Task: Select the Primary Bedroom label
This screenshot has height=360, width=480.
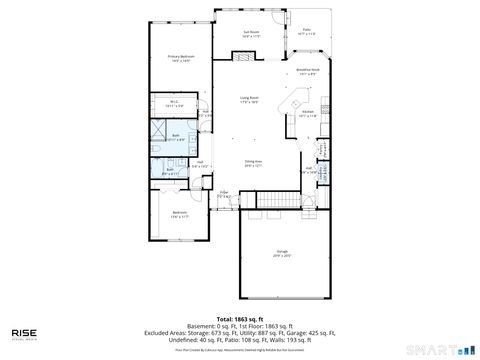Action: tap(180, 58)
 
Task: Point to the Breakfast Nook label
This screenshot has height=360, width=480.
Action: tap(308, 71)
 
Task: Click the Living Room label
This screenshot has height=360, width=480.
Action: tap(249, 99)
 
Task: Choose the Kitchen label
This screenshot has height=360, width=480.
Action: tap(308, 112)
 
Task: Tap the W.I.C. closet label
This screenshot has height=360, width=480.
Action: tap(173, 101)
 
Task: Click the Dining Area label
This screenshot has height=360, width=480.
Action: tap(253, 162)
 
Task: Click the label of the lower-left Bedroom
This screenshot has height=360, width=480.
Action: tap(180, 214)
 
